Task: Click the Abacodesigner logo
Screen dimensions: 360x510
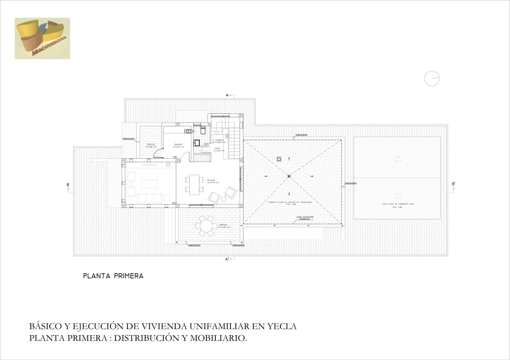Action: (x=42, y=38)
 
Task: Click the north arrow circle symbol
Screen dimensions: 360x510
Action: (x=432, y=79)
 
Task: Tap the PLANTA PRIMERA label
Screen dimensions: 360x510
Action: (x=113, y=277)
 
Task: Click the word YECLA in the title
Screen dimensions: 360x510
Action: (x=282, y=327)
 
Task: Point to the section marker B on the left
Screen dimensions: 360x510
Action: (x=67, y=184)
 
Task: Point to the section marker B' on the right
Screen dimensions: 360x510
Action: (x=453, y=184)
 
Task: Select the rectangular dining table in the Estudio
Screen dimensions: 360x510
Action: (x=194, y=184)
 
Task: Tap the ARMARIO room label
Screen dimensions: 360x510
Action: (x=177, y=144)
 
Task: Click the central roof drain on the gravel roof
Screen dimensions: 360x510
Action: (x=288, y=177)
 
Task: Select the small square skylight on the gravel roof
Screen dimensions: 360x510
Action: (x=279, y=159)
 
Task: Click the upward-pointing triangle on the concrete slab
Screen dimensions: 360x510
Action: (x=398, y=159)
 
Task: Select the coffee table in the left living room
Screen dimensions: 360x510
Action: (x=150, y=183)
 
